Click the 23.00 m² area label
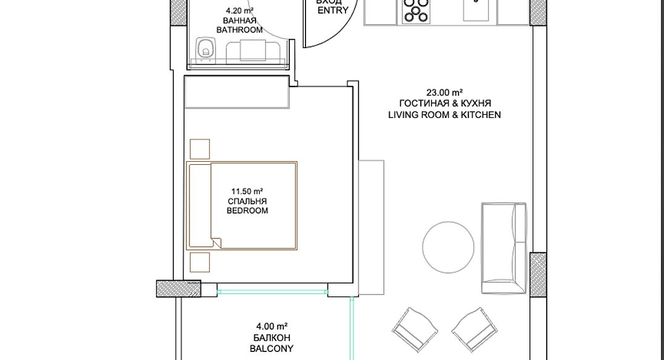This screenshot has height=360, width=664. click(444, 93)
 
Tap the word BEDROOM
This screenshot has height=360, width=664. click(247, 211)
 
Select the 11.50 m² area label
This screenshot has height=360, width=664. click(247, 191)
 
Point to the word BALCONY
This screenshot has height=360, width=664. click(272, 348)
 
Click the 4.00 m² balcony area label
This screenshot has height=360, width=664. click(272, 327)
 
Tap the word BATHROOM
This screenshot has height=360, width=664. click(239, 30)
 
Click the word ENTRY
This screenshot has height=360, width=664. click(333, 10)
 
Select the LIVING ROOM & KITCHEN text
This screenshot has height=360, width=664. click(445, 115)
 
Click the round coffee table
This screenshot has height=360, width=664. click(448, 248)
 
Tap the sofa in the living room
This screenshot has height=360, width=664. click(504, 248)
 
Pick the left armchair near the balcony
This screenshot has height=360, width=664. click(415, 329)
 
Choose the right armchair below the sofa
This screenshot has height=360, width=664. click(475, 329)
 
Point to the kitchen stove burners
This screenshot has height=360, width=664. click(415, 10)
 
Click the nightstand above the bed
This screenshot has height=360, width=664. click(200, 149)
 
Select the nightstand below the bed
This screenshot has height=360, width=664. click(200, 262)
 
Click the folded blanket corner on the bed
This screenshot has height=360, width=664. click(216, 243)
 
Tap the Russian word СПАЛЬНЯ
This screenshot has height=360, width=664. click(247, 201)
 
